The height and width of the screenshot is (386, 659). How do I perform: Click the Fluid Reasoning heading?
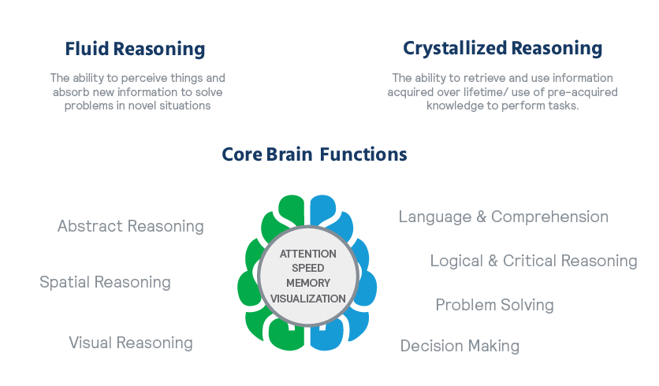tap(135, 49)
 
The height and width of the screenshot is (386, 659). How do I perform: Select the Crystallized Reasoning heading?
tap(503, 49)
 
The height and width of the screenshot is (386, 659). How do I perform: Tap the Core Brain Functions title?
tap(315, 154)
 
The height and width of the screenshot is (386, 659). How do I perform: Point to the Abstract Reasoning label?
tap(131, 226)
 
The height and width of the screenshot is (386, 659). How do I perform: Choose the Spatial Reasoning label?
tap(105, 282)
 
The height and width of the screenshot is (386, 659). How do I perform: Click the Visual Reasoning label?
tap(131, 343)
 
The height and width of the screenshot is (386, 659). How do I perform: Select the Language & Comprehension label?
tap(504, 217)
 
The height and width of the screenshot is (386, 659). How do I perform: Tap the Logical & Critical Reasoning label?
tap(534, 261)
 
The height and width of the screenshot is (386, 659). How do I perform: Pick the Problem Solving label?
tap(495, 305)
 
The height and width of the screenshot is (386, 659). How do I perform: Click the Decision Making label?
tap(460, 346)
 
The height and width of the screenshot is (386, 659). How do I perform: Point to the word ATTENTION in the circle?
tap(308, 254)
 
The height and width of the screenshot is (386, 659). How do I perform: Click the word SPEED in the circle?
tap(308, 268)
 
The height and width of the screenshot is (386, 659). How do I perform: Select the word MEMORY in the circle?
tap(308, 283)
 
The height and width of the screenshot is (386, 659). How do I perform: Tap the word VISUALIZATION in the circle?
tap(308, 299)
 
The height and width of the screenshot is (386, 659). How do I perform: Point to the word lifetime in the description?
tap(483, 92)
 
